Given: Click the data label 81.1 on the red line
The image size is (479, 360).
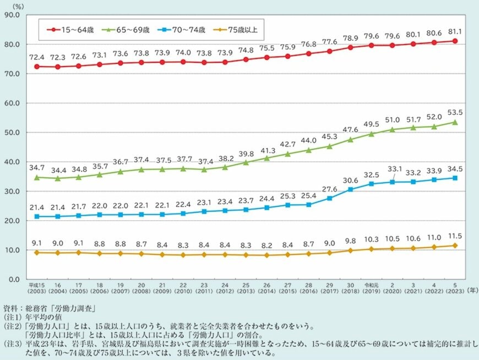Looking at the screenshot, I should [455, 31].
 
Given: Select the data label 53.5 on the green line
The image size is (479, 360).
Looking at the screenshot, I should [455, 112].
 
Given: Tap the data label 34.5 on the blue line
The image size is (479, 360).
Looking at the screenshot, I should [455, 168].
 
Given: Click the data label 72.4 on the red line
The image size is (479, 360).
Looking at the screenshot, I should [36, 57].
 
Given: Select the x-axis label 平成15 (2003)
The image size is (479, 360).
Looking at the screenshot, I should [36, 290].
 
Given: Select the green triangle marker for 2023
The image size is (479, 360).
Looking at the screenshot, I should [455, 122].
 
